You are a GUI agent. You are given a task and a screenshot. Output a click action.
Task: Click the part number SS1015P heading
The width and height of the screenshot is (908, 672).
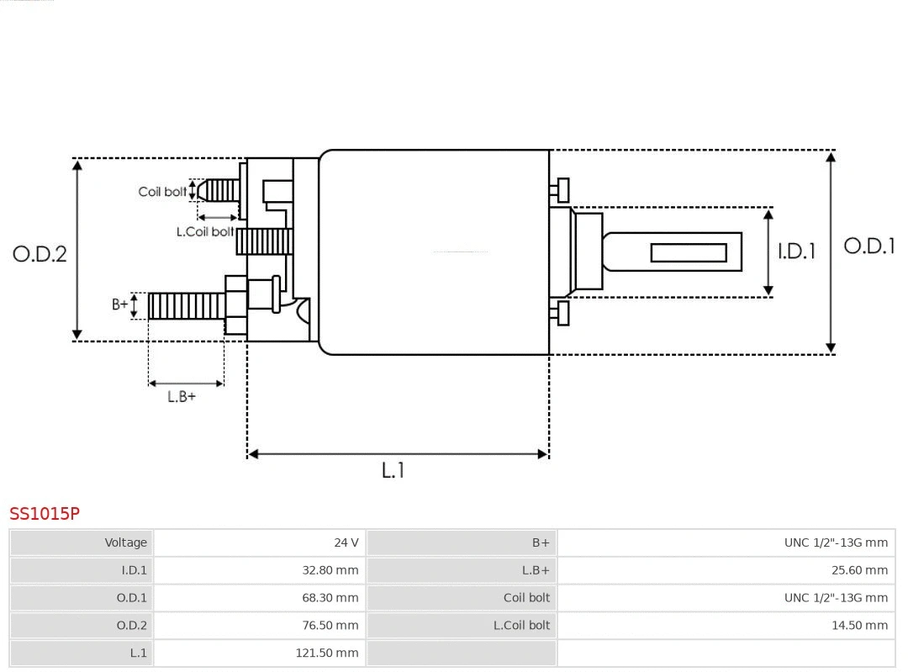coord(45,513)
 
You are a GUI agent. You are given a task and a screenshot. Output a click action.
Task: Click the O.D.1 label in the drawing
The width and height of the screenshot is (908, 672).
coord(868,246)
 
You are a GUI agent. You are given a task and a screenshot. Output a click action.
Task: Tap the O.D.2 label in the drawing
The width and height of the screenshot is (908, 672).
coord(40,253)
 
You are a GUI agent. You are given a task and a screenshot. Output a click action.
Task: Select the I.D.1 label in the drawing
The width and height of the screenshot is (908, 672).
coord(795,251)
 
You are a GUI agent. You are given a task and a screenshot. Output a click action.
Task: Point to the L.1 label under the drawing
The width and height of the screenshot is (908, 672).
coord(393,470)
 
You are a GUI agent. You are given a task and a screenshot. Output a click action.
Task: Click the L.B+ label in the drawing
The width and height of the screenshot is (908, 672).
coord(182,396)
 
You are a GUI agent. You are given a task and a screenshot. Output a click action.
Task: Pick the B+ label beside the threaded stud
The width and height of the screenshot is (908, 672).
coord(120,304)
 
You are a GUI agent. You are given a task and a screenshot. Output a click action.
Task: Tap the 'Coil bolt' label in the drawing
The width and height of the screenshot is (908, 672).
coord(162,192)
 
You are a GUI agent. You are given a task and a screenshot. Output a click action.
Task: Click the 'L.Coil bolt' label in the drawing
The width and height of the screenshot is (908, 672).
coord(204,231)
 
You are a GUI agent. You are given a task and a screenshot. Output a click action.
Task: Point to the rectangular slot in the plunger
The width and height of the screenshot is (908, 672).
coord(689,252)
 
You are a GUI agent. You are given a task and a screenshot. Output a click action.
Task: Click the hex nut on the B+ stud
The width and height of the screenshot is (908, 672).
coord(236,305)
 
